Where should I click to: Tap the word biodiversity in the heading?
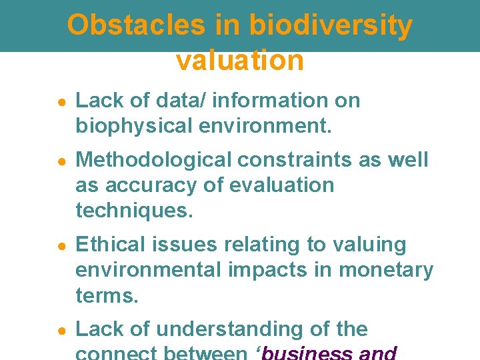coord(331,25)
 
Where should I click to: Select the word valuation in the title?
coord(240,61)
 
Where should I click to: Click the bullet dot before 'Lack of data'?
coord(60,101)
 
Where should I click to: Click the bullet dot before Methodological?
coord(60,161)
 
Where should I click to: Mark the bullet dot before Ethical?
coord(60,245)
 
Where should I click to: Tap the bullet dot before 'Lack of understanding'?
coord(60,330)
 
